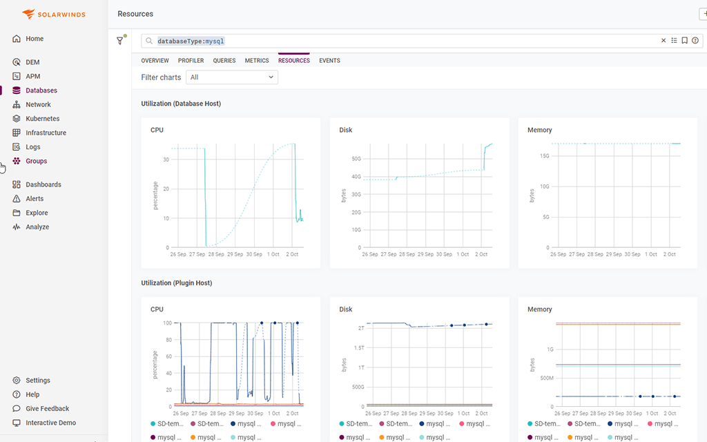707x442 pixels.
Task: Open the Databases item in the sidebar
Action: click(x=41, y=90)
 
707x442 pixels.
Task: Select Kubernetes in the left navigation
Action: click(x=42, y=119)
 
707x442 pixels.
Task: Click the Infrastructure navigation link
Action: click(x=46, y=133)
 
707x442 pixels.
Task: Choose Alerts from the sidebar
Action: click(x=35, y=199)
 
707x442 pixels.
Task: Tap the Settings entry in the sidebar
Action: click(x=37, y=381)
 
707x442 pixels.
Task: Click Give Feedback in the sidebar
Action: click(x=47, y=409)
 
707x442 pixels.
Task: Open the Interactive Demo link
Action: click(x=50, y=423)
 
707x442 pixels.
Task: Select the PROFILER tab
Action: click(x=191, y=61)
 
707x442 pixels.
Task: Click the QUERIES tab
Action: click(x=224, y=61)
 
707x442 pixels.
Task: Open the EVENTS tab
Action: click(x=329, y=61)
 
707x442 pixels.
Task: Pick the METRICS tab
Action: click(x=257, y=61)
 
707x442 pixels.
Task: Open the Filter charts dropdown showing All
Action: click(x=233, y=77)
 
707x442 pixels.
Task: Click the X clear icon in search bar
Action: click(x=664, y=41)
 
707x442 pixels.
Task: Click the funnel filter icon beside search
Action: click(x=120, y=41)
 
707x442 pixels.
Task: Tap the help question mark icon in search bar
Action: click(x=695, y=41)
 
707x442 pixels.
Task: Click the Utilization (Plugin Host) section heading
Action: click(x=176, y=283)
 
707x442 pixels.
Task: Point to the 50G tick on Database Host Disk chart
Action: click(x=356, y=159)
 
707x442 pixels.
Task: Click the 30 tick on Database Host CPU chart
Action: click(x=166, y=159)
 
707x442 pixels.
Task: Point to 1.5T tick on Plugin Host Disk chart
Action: click(x=358, y=348)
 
